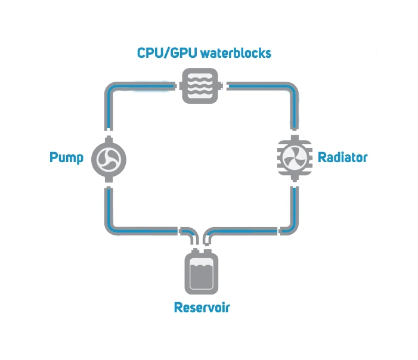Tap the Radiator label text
[x=342, y=158]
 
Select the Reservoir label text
[x=202, y=308]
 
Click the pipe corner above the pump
[x=111, y=89]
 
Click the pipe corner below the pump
[x=111, y=228]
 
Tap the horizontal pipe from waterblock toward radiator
[x=256, y=87]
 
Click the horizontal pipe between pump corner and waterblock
[x=146, y=87]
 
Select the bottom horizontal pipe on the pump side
[x=146, y=230]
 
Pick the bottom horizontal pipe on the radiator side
[x=250, y=230]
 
